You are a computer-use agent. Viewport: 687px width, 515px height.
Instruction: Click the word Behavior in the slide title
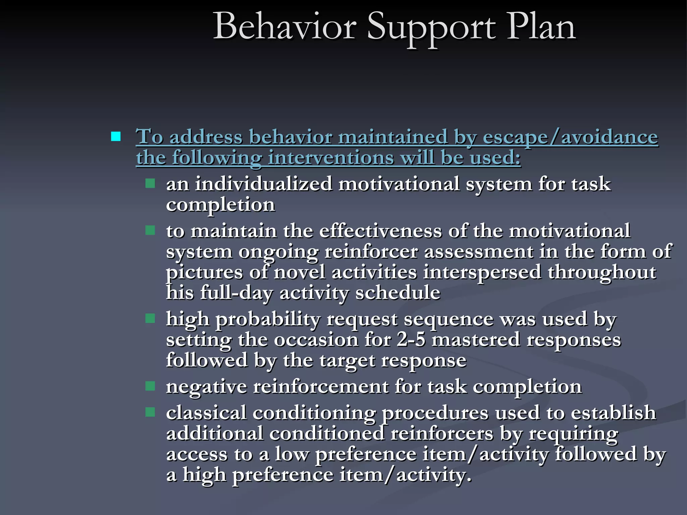(284, 27)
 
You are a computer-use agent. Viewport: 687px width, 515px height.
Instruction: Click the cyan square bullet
(116, 137)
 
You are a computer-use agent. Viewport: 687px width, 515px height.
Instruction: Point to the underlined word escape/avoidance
(570, 137)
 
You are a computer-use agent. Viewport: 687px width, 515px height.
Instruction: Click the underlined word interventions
(331, 158)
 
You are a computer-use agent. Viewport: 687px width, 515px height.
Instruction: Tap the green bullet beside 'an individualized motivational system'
(150, 183)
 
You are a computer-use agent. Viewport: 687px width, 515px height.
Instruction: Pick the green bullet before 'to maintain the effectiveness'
(150, 230)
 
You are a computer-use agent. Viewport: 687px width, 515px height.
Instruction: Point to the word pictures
(204, 273)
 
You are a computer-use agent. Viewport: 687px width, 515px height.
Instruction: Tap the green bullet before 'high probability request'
(150, 318)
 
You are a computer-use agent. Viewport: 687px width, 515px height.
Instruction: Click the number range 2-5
(411, 340)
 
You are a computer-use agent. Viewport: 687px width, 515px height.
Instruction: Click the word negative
(206, 387)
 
